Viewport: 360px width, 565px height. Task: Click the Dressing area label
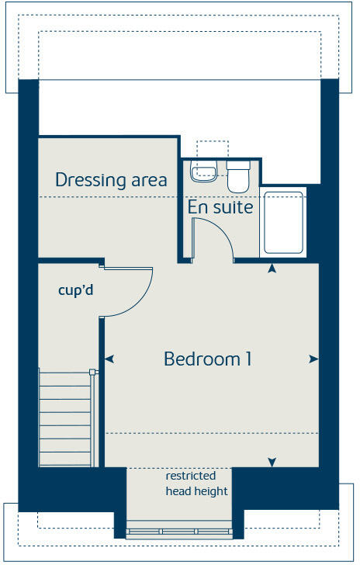111,181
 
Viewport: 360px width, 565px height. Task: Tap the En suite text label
220,207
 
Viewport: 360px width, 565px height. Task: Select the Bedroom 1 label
207,359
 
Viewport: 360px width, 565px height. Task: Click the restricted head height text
196,484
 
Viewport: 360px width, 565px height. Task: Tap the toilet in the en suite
237,176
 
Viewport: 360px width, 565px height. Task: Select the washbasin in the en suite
205,172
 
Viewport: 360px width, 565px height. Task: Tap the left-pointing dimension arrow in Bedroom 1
109,359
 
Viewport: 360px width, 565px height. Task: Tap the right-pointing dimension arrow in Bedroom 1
313,359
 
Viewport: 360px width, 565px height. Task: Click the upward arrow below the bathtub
272,269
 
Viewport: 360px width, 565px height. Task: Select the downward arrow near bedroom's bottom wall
272,463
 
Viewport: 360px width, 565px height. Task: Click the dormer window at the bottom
179,532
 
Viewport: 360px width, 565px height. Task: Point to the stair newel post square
92,372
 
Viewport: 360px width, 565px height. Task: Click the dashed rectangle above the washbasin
212,149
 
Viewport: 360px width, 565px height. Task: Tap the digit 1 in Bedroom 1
247,359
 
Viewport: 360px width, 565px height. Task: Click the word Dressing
85,181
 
